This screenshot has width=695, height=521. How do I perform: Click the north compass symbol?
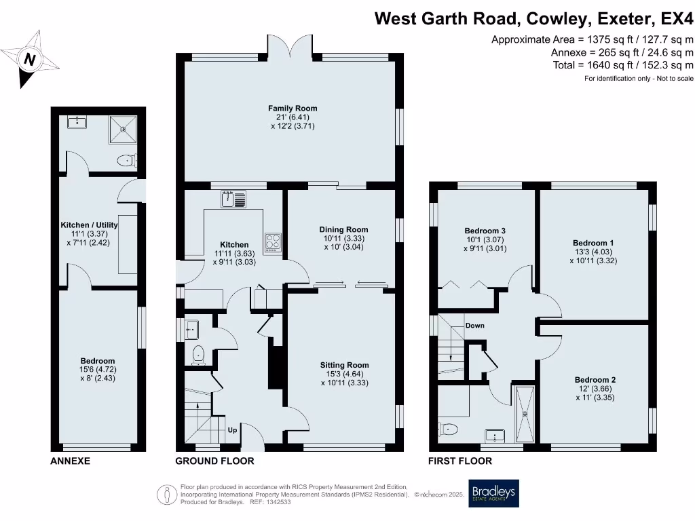(x=29, y=60)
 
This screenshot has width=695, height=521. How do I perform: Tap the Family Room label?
(x=293, y=109)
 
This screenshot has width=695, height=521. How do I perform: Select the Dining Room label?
(x=343, y=230)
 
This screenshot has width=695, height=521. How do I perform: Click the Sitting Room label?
(x=344, y=366)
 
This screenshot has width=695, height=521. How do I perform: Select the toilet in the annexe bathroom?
(x=127, y=161)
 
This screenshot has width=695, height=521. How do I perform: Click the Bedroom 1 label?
(x=593, y=243)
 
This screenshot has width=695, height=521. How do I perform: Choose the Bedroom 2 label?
(x=595, y=380)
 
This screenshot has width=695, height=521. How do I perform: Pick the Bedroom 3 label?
(x=485, y=231)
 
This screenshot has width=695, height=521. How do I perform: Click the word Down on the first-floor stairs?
(x=475, y=326)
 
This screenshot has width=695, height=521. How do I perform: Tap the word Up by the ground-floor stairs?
(x=232, y=429)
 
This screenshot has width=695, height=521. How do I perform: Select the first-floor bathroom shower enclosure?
(x=525, y=413)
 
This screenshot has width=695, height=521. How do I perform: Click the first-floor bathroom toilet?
(x=450, y=429)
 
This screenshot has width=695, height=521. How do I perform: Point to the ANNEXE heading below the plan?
(x=71, y=461)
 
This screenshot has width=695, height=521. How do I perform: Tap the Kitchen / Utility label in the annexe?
(x=89, y=225)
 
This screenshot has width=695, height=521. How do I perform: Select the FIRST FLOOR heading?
(x=459, y=461)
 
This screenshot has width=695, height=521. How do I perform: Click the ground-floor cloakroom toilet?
(x=198, y=353)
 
